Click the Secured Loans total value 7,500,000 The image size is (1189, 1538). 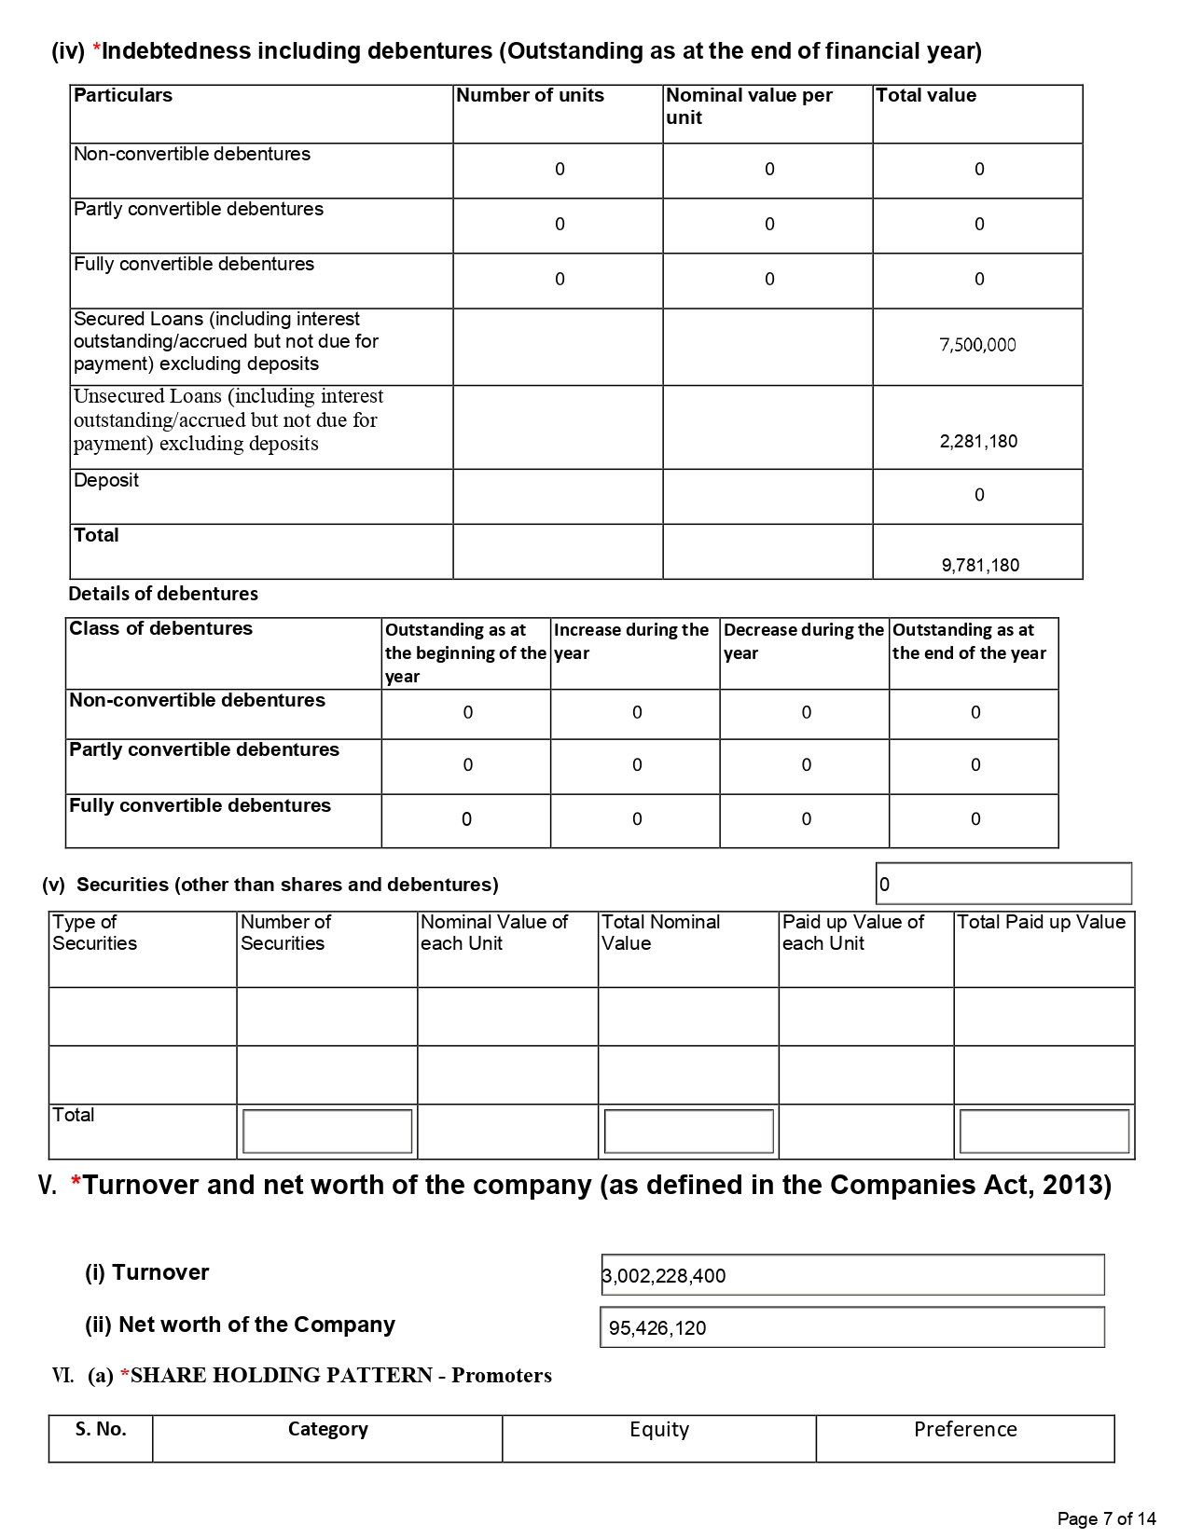tap(977, 345)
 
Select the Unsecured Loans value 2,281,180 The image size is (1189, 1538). tap(978, 441)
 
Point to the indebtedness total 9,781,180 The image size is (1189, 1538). tap(980, 565)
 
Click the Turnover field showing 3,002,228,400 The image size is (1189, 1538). tap(851, 1275)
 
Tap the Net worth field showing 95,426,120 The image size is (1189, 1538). tap(851, 1327)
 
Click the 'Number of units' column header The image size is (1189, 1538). tap(530, 96)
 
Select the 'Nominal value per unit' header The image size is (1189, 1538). tap(749, 106)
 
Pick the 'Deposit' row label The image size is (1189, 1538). tap(106, 481)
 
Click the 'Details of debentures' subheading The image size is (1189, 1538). tap(163, 594)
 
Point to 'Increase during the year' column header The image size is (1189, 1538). tap(631, 641)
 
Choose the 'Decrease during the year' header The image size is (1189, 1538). tap(803, 641)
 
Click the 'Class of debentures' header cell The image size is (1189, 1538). tap(160, 629)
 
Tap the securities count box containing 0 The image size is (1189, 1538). tap(1003, 884)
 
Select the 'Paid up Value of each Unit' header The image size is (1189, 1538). tap(852, 932)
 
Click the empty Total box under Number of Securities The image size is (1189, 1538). tap(326, 1131)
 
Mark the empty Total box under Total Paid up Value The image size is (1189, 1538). tap(1044, 1131)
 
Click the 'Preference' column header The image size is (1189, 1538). tap(965, 1430)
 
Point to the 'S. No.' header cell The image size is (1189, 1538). tap(101, 1430)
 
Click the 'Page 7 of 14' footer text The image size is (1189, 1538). tap(1106, 1519)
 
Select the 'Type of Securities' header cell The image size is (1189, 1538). tap(94, 932)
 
